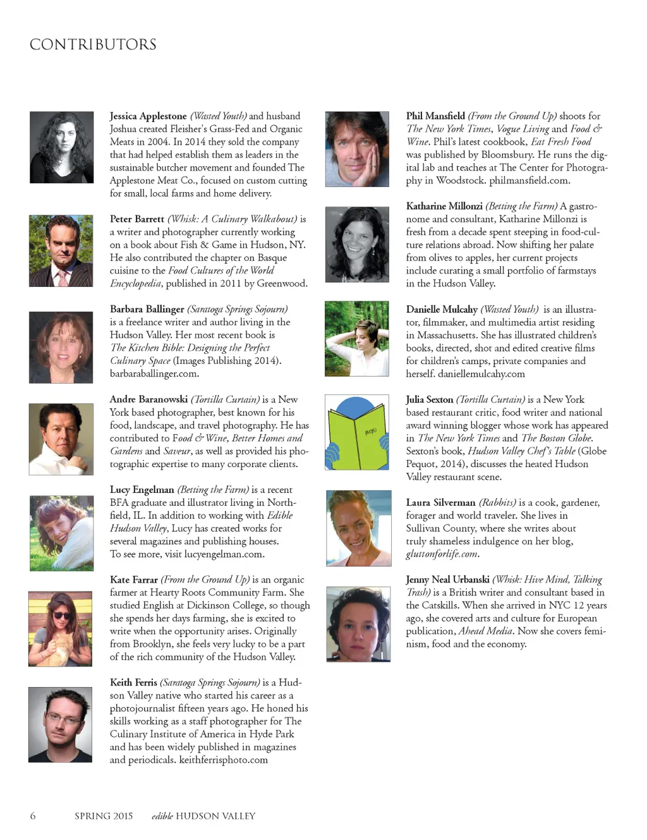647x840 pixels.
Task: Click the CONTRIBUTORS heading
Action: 93,45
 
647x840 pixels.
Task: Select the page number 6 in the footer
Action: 33,816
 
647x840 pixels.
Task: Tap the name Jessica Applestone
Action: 148,116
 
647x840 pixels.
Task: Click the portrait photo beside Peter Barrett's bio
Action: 61,251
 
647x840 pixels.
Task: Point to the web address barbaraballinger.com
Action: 154,374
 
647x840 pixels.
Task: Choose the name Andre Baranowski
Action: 148,399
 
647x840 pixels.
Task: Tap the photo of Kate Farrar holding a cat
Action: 60,628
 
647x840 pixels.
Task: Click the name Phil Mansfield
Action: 435,116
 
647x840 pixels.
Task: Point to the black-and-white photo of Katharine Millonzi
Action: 357,245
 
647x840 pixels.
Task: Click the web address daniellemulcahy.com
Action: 481,374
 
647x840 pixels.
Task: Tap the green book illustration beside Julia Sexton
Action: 357,433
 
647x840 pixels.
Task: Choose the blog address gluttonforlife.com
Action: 442,554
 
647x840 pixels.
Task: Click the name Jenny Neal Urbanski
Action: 447,580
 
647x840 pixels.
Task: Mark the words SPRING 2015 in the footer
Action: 104,816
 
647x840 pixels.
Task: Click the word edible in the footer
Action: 162,816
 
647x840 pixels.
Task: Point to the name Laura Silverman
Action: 440,502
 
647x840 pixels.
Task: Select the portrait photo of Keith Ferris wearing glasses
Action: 60,724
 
